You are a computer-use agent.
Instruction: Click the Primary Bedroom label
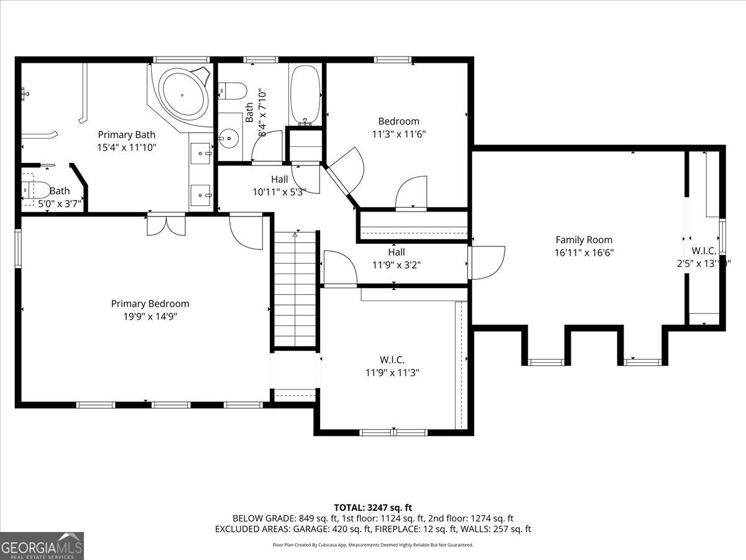[150, 304]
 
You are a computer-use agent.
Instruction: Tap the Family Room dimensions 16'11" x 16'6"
[584, 252]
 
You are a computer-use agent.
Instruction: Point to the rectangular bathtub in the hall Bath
[305, 96]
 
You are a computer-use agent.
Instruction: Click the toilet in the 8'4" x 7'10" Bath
[235, 91]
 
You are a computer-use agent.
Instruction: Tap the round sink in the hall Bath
[229, 137]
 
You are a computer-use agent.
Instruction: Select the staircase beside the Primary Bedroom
[296, 289]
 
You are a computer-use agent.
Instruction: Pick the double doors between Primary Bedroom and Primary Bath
[166, 225]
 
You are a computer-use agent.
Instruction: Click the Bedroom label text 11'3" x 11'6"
[398, 133]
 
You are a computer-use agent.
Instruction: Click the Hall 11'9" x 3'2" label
[396, 258]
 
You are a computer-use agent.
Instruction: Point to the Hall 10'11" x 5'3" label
[279, 185]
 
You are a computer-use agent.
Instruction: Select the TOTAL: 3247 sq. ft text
[373, 507]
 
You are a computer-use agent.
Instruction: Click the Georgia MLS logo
[42, 546]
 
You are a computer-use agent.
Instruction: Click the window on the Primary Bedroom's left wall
[18, 248]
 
